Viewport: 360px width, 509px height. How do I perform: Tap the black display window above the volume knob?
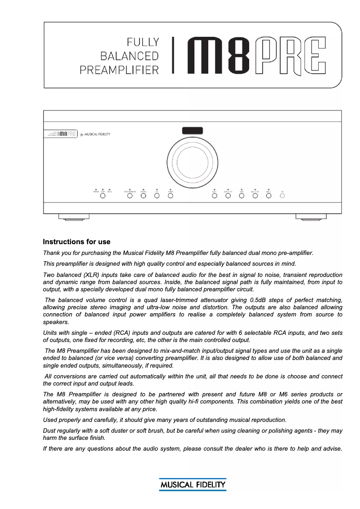192,131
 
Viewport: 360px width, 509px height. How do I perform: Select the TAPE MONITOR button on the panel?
130,195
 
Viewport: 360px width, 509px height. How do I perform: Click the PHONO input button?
143,195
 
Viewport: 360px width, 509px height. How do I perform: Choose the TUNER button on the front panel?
170,195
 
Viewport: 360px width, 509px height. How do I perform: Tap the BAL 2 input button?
268,195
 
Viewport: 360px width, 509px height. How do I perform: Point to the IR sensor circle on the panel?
282,195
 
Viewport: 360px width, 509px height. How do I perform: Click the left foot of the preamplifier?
74,217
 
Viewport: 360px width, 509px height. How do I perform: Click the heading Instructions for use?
76,242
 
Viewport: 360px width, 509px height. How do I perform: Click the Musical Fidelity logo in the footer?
193,485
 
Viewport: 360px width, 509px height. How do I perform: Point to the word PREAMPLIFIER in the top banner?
119,70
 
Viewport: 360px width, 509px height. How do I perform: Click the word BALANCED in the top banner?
130,56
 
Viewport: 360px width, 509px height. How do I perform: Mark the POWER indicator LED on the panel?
96,190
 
